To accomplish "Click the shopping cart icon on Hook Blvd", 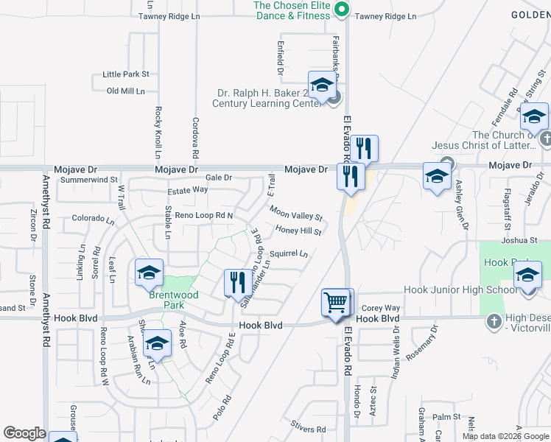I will coord(336,302).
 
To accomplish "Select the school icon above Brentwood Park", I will coord(149,273).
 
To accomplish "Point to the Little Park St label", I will coord(126,74).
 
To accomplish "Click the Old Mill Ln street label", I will coord(126,91).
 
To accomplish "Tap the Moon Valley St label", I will coord(296,214).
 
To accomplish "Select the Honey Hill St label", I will coord(299,231).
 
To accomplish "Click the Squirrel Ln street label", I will coord(289,254).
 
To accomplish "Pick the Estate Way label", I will coord(188,190).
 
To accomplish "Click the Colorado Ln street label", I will coord(94,219).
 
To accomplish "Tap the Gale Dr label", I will coord(219,178).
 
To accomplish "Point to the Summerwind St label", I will coord(89,180).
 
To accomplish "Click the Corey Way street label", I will coord(381,308).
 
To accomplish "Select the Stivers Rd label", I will coord(308,424).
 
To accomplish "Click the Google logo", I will coord(24,433).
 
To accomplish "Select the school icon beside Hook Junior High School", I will coord(527,276).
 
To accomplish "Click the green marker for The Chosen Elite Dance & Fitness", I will coord(340,9).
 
